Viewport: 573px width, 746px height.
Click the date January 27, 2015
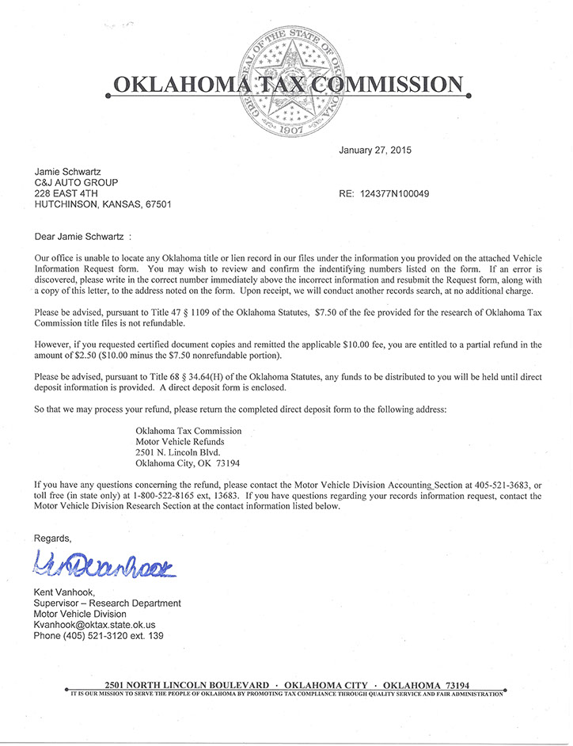coord(375,150)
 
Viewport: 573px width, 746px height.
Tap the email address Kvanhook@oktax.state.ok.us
coord(94,625)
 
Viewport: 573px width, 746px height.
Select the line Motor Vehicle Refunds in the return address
coord(180,442)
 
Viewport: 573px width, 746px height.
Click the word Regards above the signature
coord(52,538)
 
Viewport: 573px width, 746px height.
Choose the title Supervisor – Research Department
coord(107,603)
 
